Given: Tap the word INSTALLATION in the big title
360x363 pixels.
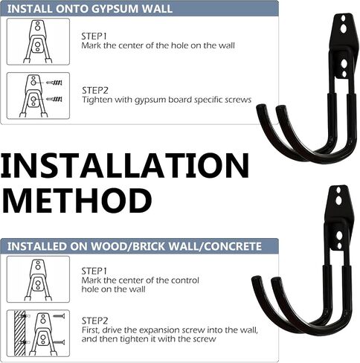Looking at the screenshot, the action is tap(125, 165).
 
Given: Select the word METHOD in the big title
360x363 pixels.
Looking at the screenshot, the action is tap(77, 200).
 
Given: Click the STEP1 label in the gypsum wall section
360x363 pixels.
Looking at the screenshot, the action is tap(94, 36).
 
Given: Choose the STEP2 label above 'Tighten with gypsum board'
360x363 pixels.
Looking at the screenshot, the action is tap(95, 91).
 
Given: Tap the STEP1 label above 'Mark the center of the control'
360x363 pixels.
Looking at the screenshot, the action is tap(94, 271).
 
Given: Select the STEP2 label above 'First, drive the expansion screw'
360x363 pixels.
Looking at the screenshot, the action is tap(94, 321).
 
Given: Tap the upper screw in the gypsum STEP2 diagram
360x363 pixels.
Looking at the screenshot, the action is tap(54, 83).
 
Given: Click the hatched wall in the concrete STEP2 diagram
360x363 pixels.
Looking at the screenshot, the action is tap(20, 333).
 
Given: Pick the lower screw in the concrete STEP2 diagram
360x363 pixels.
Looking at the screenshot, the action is tap(59, 342).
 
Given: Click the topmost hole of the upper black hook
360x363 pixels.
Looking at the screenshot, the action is tap(343, 18).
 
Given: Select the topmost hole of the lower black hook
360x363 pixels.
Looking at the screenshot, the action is tap(338, 190).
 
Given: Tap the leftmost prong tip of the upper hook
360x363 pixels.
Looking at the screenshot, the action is tap(261, 108).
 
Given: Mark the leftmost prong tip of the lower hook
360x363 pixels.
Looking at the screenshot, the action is tap(257, 280).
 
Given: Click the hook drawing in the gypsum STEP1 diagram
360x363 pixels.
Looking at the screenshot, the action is tap(38, 42).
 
